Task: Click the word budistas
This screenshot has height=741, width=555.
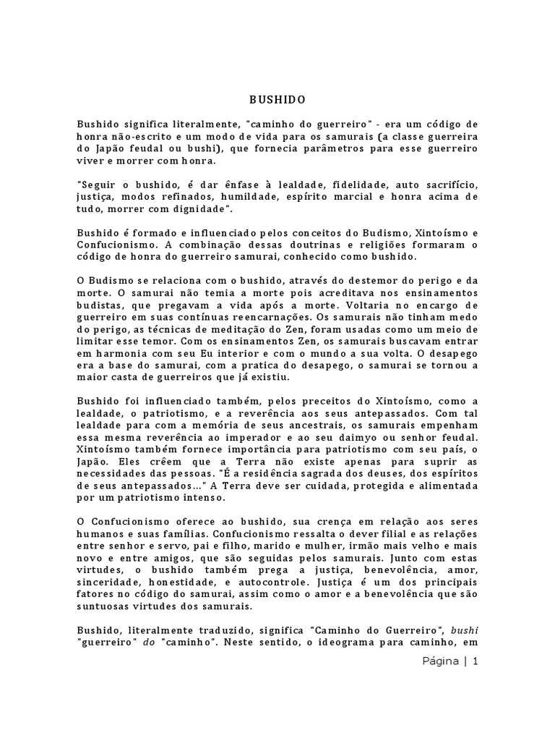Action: [x=100, y=305]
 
